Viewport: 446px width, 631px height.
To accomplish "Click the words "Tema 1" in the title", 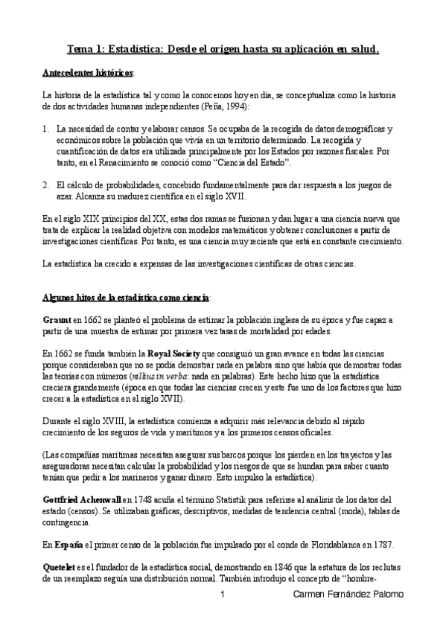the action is click(86, 51).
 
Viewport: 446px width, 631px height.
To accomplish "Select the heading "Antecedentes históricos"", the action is click(86, 75).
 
